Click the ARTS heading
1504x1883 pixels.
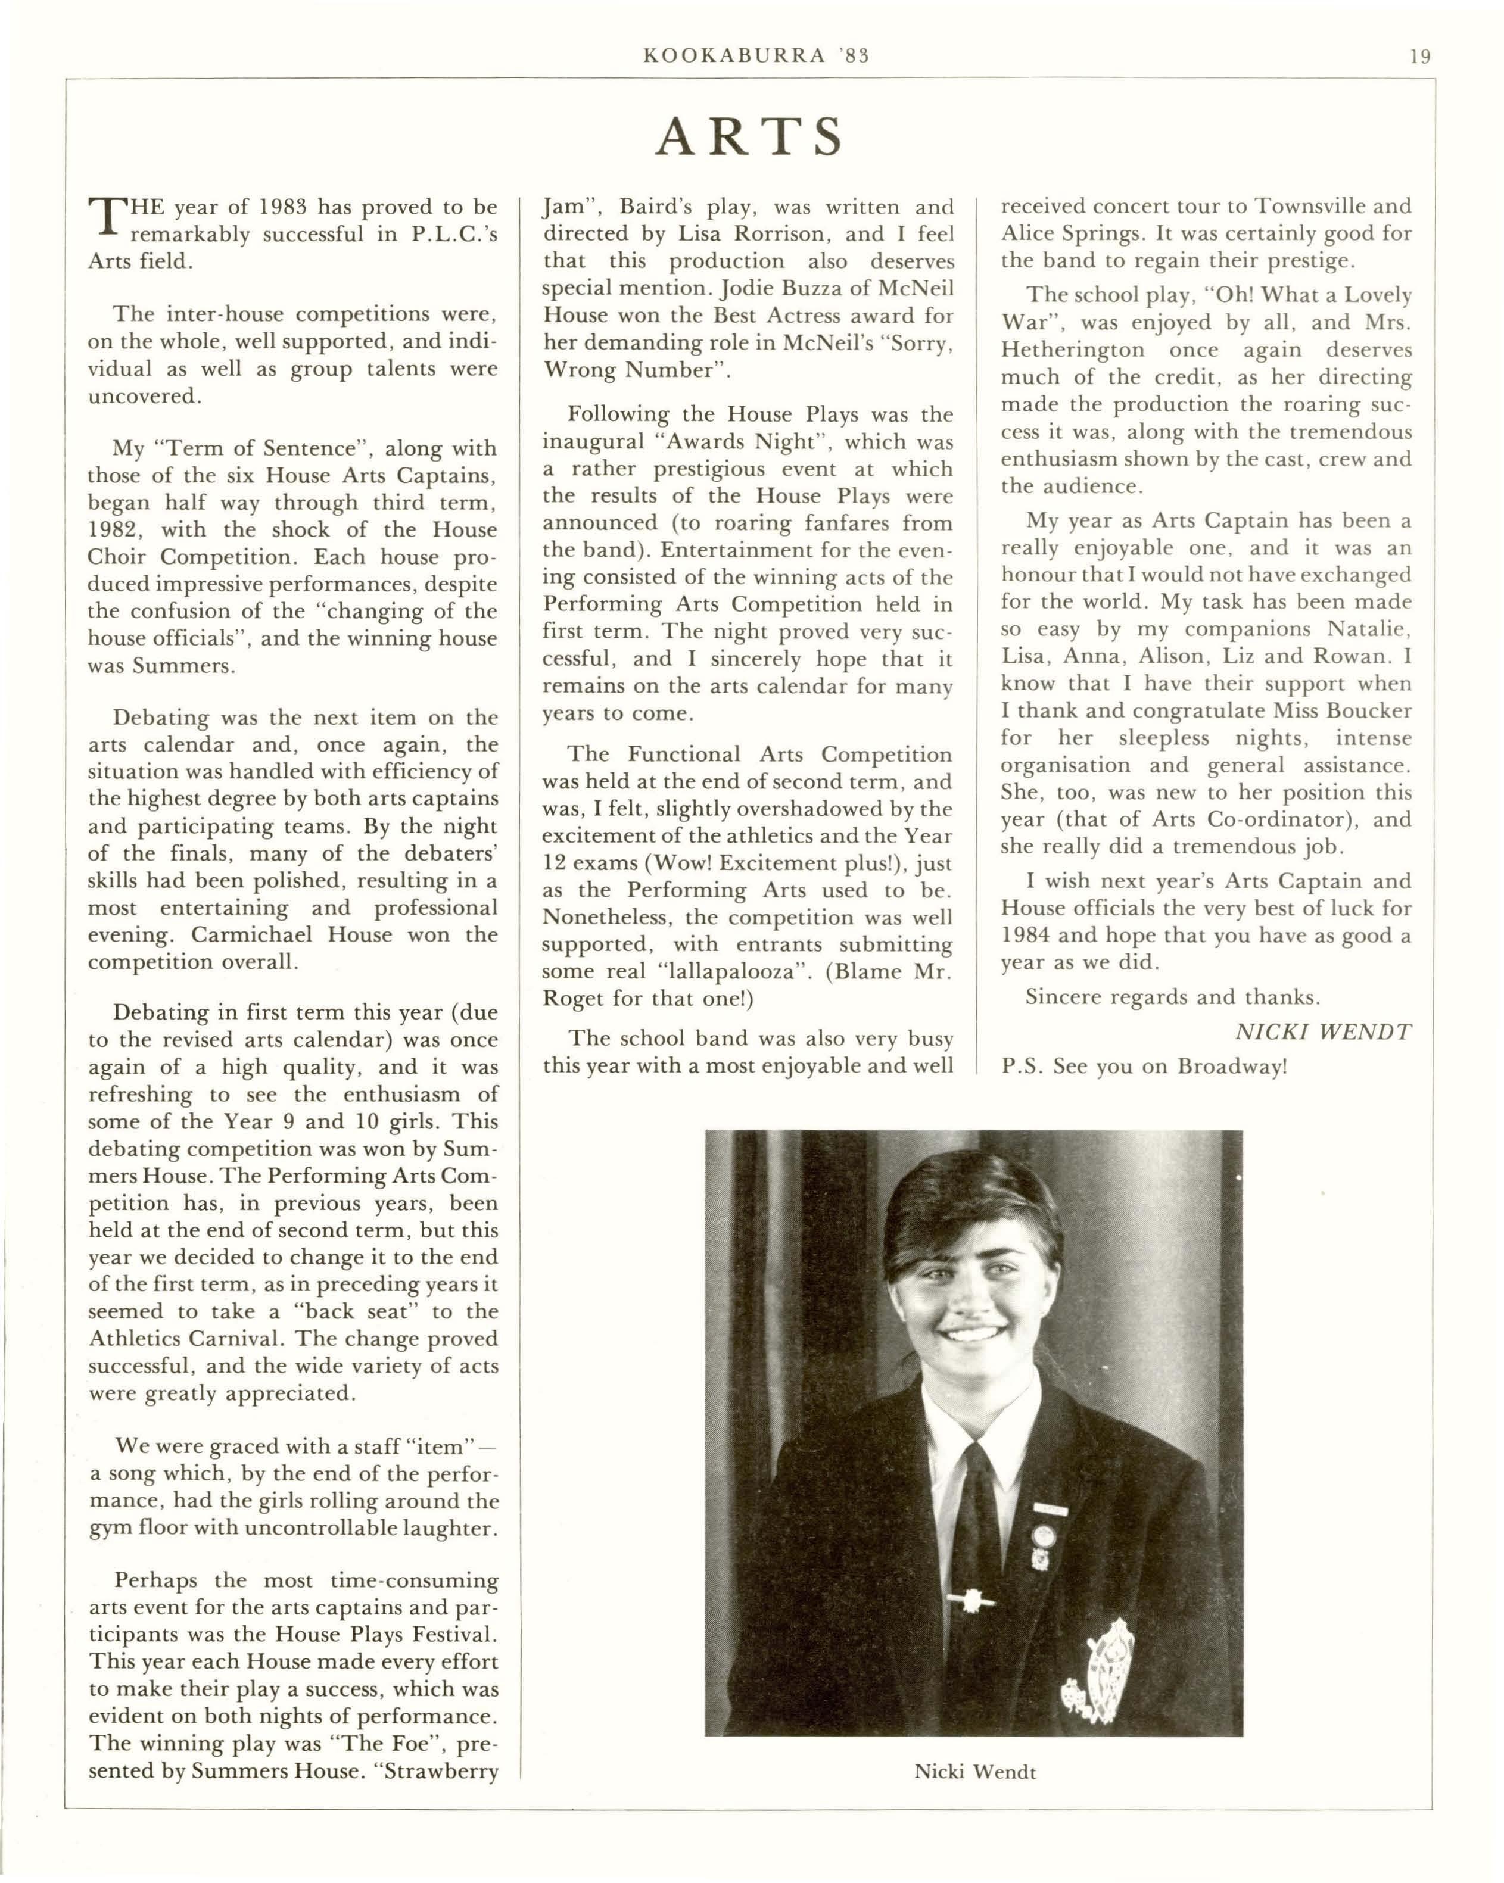pyautogui.click(x=749, y=137)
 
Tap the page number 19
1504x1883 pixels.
pyautogui.click(x=1419, y=57)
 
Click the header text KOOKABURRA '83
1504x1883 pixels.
pyautogui.click(x=755, y=56)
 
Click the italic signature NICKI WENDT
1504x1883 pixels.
pyautogui.click(x=1322, y=1031)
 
